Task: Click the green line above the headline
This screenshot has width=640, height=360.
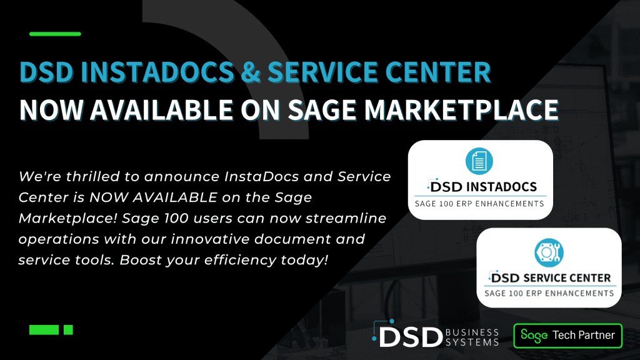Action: pyautogui.click(x=55, y=34)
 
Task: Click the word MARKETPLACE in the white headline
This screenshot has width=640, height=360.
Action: pyautogui.click(x=461, y=110)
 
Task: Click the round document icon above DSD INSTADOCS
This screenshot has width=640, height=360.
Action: pyautogui.click(x=479, y=161)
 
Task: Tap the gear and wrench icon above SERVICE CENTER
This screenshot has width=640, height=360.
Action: pyautogui.click(x=549, y=252)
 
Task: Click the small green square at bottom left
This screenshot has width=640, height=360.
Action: pyautogui.click(x=68, y=330)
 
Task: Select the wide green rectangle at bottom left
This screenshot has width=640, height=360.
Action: pyautogui.click(x=44, y=330)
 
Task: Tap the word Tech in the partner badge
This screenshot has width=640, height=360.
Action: pyautogui.click(x=563, y=335)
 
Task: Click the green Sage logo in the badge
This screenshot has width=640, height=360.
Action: pyautogui.click(x=534, y=336)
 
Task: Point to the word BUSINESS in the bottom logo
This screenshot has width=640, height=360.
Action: pyautogui.click(x=472, y=332)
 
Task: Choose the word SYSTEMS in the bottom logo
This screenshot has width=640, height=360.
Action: pyautogui.click(x=472, y=342)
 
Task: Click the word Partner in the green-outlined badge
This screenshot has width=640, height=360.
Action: pyautogui.click(x=596, y=335)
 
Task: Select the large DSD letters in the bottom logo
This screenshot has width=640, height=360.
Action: pyautogui.click(x=411, y=337)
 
